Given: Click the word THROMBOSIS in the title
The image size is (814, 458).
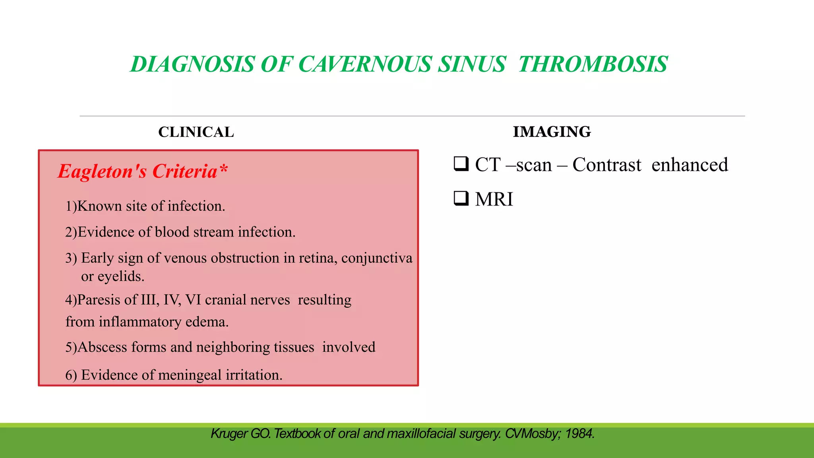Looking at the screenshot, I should [x=593, y=64].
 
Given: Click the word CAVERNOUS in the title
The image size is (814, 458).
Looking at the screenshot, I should [x=365, y=64].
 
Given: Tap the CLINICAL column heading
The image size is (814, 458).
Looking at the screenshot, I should [x=196, y=132].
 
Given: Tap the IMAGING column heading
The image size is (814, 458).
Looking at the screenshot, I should [x=552, y=132].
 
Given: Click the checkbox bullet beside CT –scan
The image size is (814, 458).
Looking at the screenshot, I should [x=461, y=164].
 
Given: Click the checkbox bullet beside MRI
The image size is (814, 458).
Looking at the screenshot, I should [x=461, y=198].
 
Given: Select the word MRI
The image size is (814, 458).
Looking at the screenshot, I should [x=494, y=199].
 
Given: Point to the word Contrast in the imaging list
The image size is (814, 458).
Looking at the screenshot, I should [x=607, y=165].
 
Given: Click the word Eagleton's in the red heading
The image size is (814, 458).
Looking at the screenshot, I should [x=102, y=172].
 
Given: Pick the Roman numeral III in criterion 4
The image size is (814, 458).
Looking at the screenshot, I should [x=150, y=300].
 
